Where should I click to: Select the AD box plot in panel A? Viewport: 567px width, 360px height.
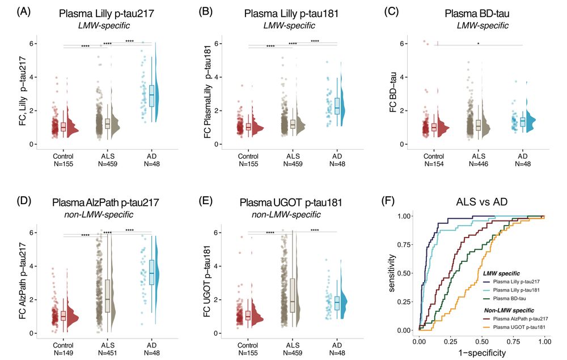[152, 94]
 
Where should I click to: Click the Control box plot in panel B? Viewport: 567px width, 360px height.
[248, 126]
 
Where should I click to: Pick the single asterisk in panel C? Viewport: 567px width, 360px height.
[478, 43]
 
